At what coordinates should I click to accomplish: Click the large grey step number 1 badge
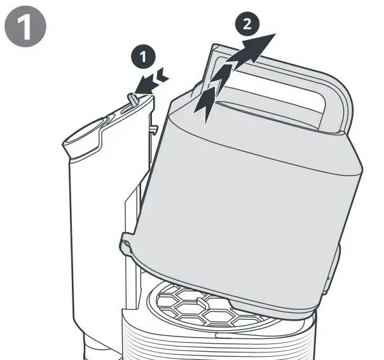(x=25, y=27)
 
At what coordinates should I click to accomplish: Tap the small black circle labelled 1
(x=143, y=57)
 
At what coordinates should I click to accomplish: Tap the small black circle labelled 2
(x=247, y=24)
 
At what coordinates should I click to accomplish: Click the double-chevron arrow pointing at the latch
(x=151, y=82)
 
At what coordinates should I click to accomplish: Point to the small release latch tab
(x=132, y=99)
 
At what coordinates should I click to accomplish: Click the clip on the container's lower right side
(x=332, y=270)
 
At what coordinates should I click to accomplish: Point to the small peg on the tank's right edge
(x=153, y=129)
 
